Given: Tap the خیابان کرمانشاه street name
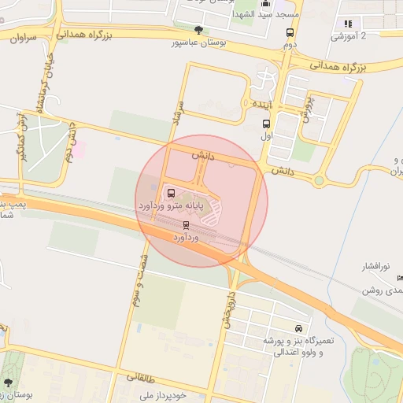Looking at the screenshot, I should coord(35,83).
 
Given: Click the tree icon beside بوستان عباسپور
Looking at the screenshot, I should coord(199,31).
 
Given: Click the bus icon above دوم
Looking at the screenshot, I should coord(290,33).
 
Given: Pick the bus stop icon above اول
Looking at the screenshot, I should coord(266,124).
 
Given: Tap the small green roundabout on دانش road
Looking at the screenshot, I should coord(319,181).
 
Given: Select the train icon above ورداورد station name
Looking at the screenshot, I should coord(186,225).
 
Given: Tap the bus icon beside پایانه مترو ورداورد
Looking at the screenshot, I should coord(172,193).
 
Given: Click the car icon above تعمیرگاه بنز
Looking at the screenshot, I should coord(298,328).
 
